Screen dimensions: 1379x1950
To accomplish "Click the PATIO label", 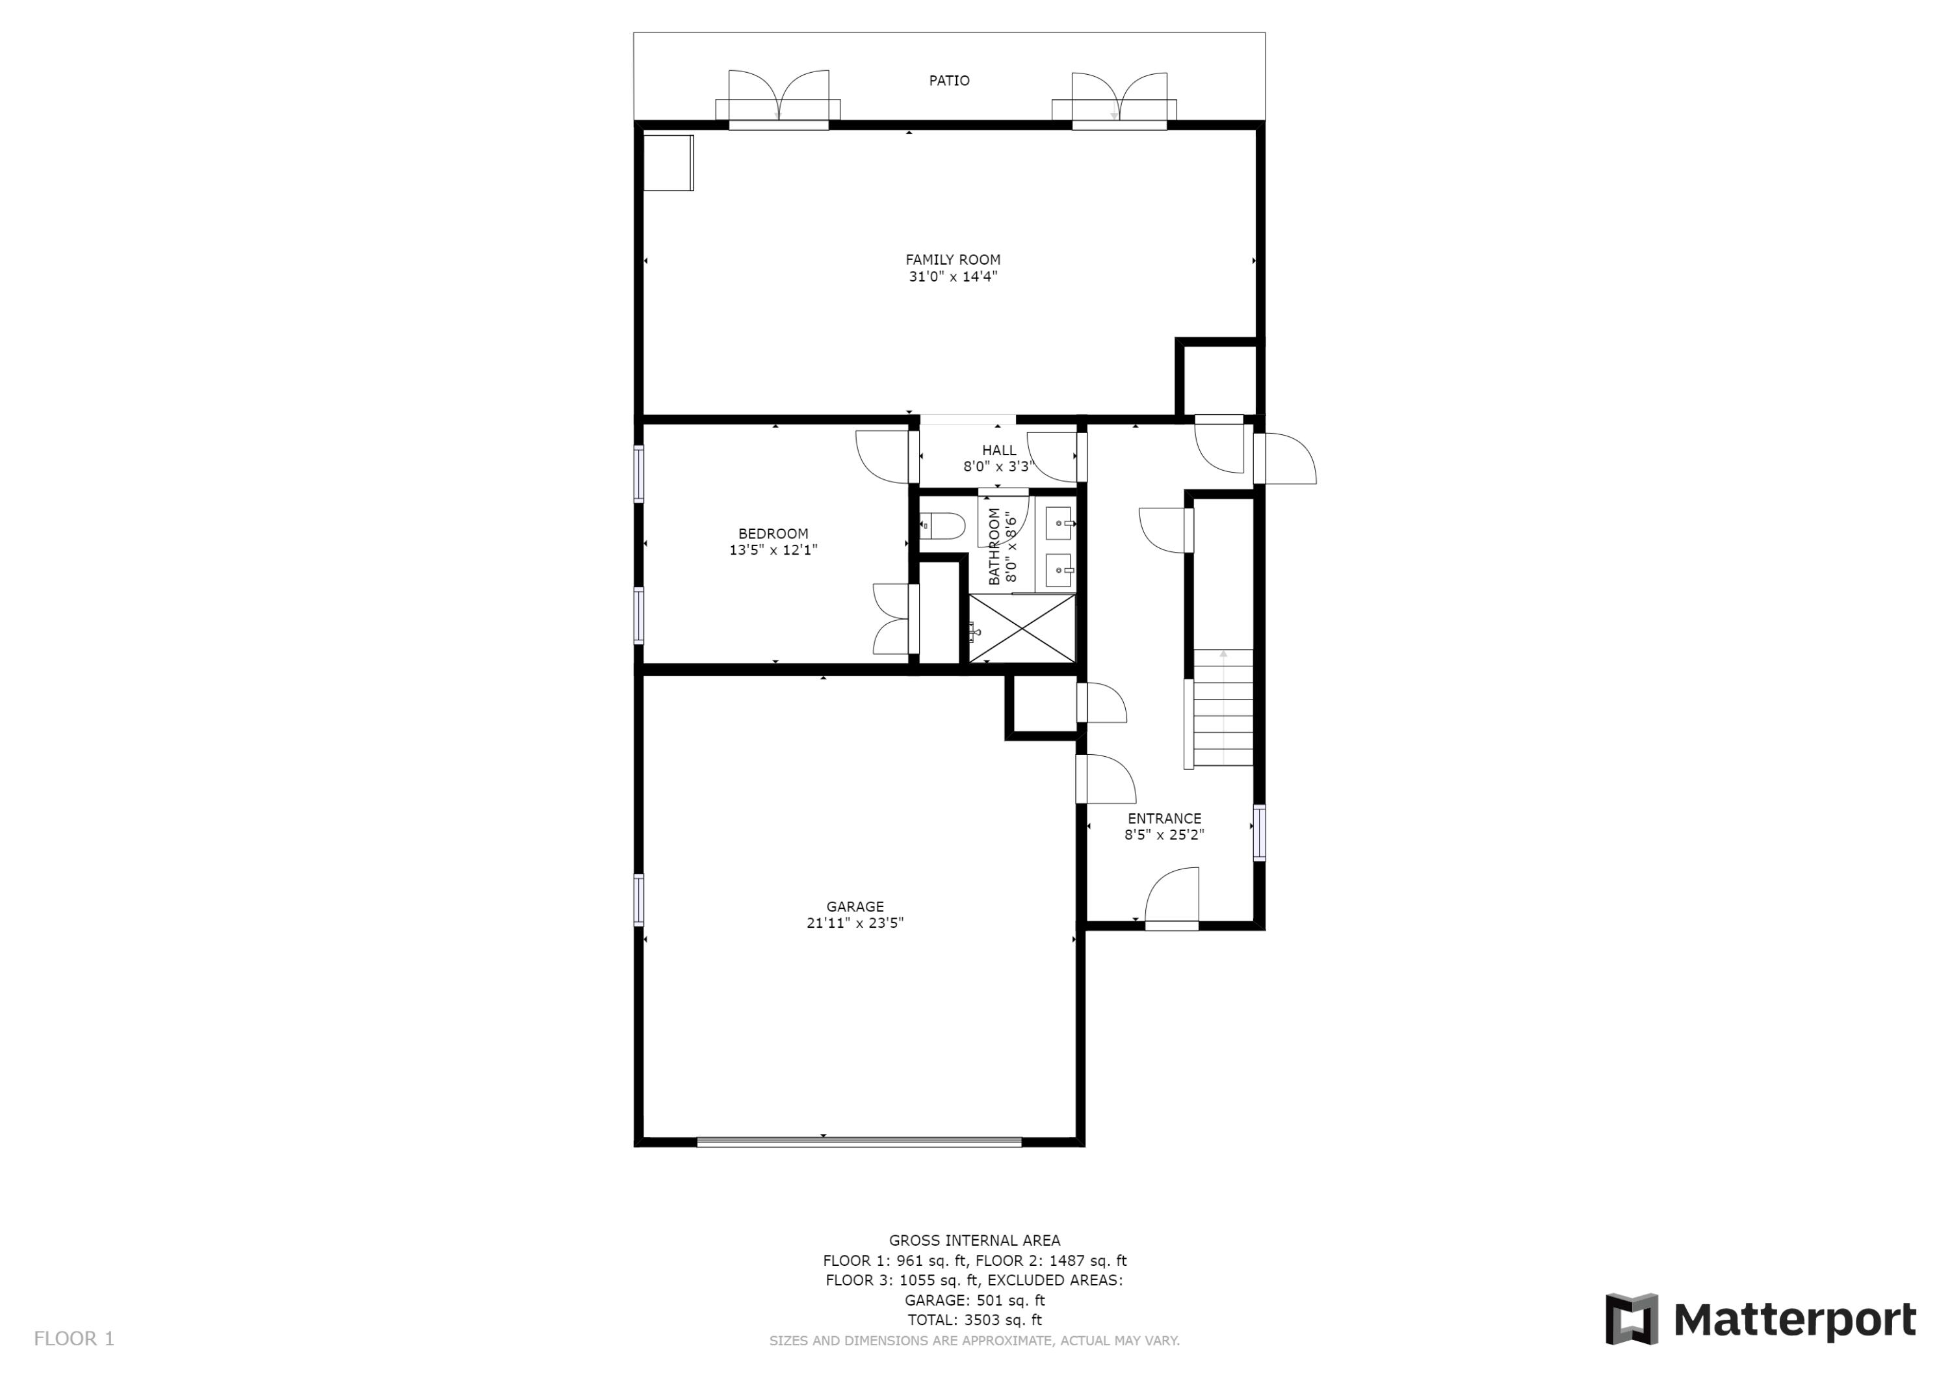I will coord(948,81).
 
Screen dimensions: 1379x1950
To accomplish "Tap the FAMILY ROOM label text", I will coord(952,260).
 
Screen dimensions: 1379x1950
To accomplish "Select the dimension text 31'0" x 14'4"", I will coord(952,277).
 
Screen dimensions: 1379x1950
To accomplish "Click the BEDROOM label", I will coord(773,534).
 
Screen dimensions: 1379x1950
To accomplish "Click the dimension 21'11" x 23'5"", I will coord(854,924).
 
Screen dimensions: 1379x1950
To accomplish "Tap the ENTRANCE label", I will coord(1163,818).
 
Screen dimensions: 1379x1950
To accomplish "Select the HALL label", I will coord(999,451).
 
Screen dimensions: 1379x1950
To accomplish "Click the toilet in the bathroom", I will coord(942,527).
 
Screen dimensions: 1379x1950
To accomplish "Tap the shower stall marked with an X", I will coord(1022,629).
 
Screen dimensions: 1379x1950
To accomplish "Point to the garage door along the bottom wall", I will coord(859,1142).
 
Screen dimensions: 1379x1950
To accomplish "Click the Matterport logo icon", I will coord(1631,1320).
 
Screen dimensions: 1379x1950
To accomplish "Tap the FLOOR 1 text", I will coord(74,1339).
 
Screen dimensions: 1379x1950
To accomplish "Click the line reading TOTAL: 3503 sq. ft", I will coord(974,1320).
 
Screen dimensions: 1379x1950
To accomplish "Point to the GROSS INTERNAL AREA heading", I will coord(974,1241).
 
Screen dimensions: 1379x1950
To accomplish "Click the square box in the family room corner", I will coord(668,163).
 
